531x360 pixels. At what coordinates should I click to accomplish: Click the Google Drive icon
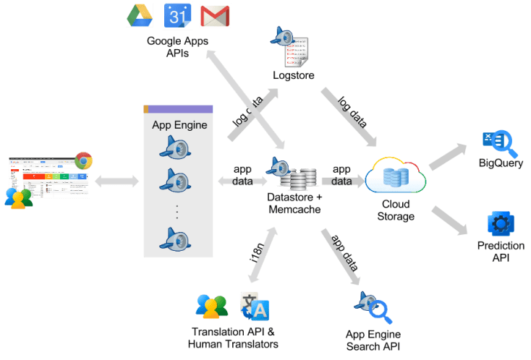click(x=138, y=14)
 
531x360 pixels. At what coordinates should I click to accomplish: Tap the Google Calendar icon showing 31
click(x=177, y=14)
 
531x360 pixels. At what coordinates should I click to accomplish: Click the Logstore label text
click(x=293, y=75)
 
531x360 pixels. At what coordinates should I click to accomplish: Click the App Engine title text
click(x=179, y=125)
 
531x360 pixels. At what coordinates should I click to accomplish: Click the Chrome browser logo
click(x=83, y=160)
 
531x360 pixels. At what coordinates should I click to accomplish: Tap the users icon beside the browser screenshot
click(x=18, y=197)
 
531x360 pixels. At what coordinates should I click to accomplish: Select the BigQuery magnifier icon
click(x=501, y=142)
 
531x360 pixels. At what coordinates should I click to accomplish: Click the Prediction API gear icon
click(x=501, y=224)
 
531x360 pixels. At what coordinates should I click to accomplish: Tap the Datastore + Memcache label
click(x=292, y=203)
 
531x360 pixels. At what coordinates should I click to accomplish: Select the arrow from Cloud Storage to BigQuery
click(x=449, y=155)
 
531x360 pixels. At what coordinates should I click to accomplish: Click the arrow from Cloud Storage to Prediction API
click(x=450, y=218)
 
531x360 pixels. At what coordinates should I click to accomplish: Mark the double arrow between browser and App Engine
click(x=117, y=179)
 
